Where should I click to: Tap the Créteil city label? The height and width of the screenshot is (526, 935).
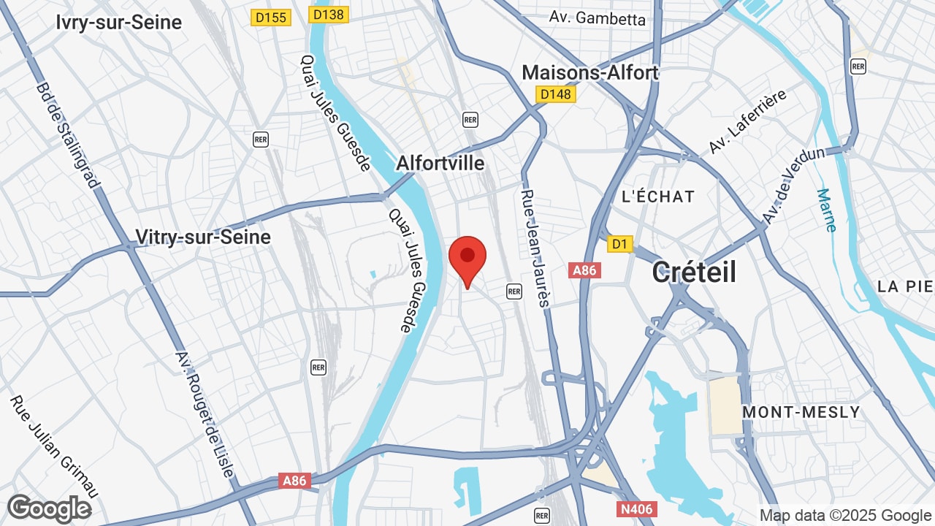coord(694,272)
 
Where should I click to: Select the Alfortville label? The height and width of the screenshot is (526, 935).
coord(440,163)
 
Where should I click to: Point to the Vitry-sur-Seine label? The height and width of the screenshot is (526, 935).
coord(203,237)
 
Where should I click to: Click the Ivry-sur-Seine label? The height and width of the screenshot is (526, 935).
coord(118,23)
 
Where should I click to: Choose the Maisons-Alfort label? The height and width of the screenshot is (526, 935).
coord(590,72)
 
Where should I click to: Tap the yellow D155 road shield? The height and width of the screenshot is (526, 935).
coord(271,17)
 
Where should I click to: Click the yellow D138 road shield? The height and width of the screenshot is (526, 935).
coord(329,14)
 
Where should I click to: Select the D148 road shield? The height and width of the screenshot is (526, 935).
coord(556,94)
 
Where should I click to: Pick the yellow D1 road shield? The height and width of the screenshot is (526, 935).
coord(620,244)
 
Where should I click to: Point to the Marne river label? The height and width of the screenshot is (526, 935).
coord(826,210)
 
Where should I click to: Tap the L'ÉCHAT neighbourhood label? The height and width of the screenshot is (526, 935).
coord(657,197)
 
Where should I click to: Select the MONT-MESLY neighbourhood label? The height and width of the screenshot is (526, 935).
coord(801,412)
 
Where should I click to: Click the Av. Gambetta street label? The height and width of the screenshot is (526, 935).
coord(598,18)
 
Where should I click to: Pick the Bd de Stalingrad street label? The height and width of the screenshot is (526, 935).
coord(67,135)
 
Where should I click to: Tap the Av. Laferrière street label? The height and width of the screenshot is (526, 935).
coord(747,122)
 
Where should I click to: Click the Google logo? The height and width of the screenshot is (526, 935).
coord(49,508)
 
